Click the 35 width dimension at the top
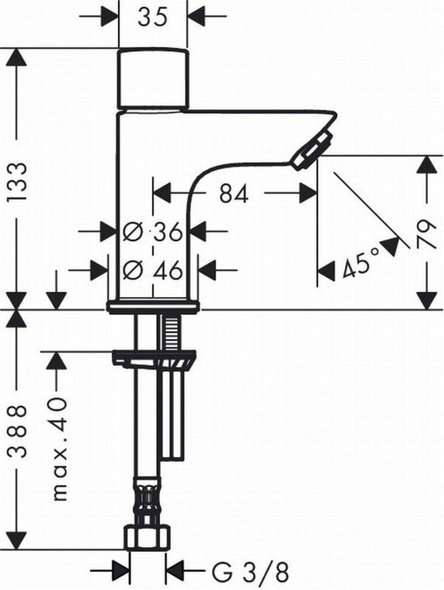[152, 17]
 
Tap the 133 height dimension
[18, 182]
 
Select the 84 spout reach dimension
[234, 194]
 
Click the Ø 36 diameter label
[153, 231]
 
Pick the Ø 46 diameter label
[153, 270]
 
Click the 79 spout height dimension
[426, 234]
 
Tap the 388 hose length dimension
[18, 431]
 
